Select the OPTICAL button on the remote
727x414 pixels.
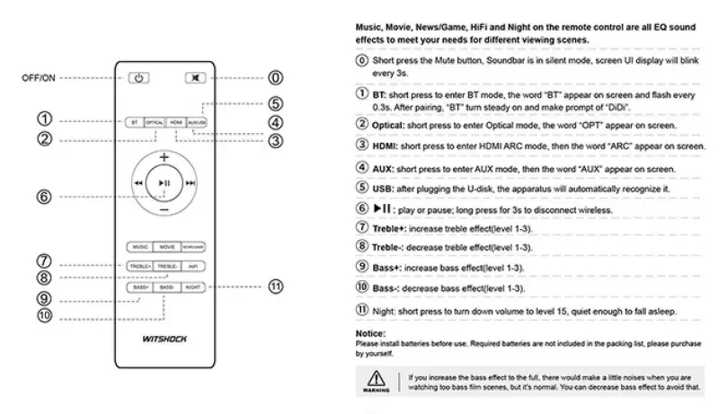pos(155,120)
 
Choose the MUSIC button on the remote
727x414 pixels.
pos(139,245)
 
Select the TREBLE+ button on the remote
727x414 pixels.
pos(139,267)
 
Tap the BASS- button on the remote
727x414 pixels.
pos(166,287)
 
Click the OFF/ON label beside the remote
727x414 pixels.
pos(39,78)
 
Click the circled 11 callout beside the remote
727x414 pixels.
pos(275,287)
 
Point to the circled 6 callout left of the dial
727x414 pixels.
pos(42,197)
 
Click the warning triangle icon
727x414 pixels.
pos(376,380)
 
